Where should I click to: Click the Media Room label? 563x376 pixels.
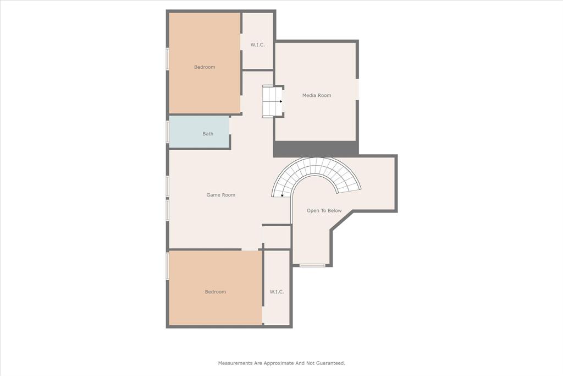[x=317, y=95]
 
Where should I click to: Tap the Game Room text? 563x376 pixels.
[x=220, y=195]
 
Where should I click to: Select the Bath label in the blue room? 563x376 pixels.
[x=208, y=134]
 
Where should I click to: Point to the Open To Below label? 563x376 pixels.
[x=324, y=211]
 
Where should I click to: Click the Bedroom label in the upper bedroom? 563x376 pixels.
[x=205, y=67]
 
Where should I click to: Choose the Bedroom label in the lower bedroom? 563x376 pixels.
[x=215, y=292]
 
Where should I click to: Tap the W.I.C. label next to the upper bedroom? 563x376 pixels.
[x=257, y=45]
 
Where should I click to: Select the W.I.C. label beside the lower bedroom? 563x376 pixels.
[x=277, y=292]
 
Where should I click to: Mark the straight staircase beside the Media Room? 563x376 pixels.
[x=272, y=102]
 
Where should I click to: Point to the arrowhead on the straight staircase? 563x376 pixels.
[x=280, y=101]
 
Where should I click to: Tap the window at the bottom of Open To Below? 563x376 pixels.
[x=312, y=266]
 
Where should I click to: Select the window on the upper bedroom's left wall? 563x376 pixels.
[x=167, y=59]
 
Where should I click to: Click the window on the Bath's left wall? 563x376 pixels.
[x=167, y=132]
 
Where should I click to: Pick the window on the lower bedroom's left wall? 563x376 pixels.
[x=167, y=265]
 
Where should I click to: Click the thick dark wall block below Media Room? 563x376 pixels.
[x=316, y=148]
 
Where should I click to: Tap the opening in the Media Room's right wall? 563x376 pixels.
[x=357, y=89]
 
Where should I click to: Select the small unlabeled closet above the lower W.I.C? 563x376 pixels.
[x=277, y=237]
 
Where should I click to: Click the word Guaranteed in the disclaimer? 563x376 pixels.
[x=328, y=363]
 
